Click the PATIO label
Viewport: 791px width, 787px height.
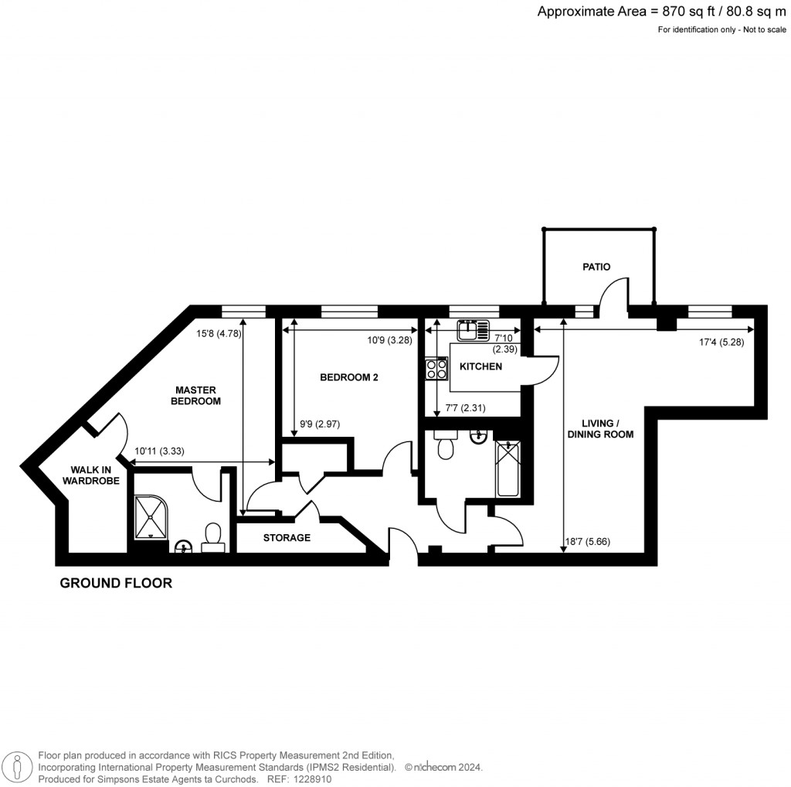(x=596, y=267)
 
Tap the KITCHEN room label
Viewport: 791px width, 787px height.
(x=480, y=366)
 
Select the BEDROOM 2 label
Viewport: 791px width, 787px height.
(x=348, y=377)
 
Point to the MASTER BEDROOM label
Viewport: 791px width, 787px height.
(x=195, y=396)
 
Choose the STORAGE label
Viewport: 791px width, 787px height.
(x=287, y=538)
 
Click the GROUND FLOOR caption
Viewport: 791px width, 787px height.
(x=116, y=584)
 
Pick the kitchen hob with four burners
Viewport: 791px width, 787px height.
(x=436, y=369)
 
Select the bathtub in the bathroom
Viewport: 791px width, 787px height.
(x=508, y=469)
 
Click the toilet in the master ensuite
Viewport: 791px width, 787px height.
(x=213, y=537)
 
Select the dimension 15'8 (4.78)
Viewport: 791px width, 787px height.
(x=219, y=334)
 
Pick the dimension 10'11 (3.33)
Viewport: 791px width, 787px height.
(x=160, y=451)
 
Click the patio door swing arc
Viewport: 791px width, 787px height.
(x=613, y=294)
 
